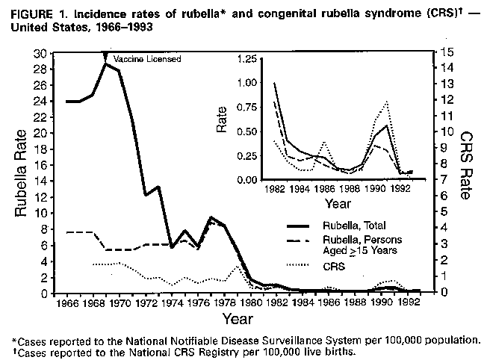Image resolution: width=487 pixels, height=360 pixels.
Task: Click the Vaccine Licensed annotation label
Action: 146,59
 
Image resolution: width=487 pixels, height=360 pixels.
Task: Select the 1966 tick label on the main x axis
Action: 63,305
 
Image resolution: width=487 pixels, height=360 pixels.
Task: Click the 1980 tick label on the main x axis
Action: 253,305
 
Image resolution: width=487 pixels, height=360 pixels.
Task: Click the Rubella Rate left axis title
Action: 22,173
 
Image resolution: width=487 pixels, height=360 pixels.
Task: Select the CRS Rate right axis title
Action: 465,166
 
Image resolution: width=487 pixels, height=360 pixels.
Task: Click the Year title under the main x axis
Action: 237,320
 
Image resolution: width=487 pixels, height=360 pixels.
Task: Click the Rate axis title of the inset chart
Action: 223,120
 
